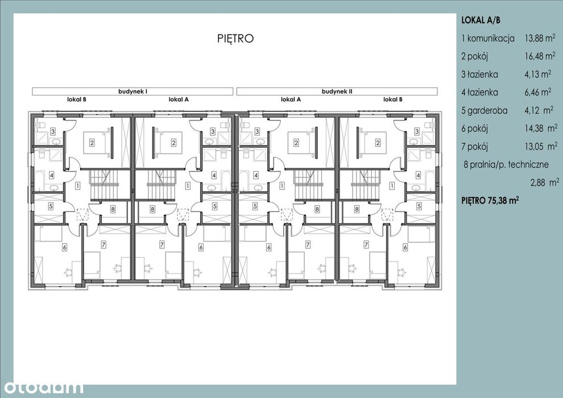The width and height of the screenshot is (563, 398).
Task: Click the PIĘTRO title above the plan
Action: [x=235, y=38]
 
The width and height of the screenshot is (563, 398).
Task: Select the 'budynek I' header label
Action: [x=133, y=92]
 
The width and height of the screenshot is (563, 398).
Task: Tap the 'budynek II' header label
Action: [x=337, y=92]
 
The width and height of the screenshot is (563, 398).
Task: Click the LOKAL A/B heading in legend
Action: [x=481, y=20]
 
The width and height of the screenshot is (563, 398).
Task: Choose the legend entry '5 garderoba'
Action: [x=485, y=110]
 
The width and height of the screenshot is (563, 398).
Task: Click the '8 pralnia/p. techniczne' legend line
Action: [x=506, y=165]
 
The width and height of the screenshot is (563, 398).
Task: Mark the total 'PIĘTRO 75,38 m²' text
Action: [x=490, y=200]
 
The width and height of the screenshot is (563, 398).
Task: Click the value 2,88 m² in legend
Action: [x=545, y=183]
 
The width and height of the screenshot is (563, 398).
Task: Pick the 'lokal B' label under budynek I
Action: [x=76, y=100]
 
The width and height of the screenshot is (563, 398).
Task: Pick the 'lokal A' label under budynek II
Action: [x=291, y=100]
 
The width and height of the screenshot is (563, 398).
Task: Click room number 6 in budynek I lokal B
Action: [x=65, y=247]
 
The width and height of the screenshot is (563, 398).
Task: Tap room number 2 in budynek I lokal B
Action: [x=92, y=143]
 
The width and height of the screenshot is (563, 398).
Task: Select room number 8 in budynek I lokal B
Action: [x=113, y=209]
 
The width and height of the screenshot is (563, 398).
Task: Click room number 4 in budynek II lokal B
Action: [x=418, y=176]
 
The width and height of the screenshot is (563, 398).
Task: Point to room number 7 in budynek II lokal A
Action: [x=308, y=245]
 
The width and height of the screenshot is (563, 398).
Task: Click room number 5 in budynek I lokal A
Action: [x=215, y=206]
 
